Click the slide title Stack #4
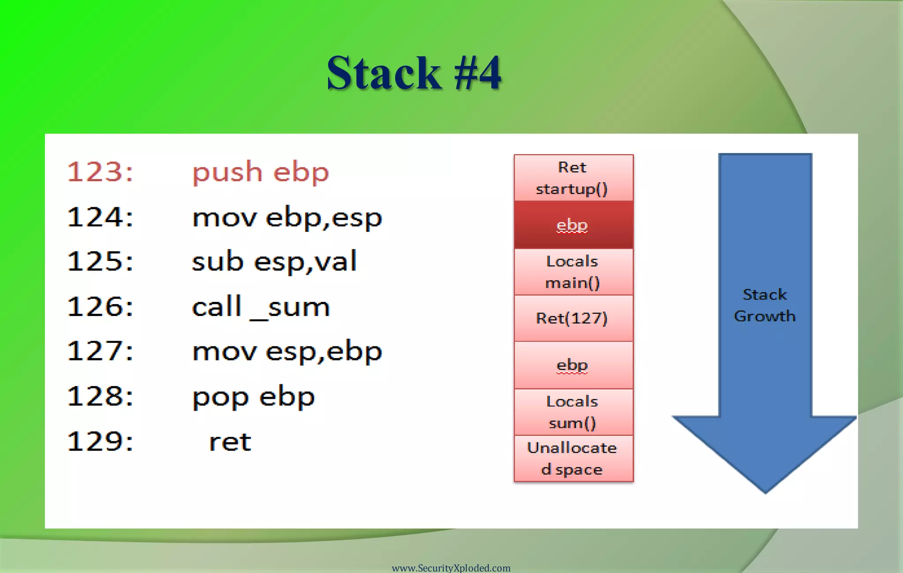pyautogui.click(x=414, y=73)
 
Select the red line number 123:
pyautogui.click(x=100, y=171)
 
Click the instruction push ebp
pyautogui.click(x=261, y=172)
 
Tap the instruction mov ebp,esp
pyautogui.click(x=287, y=217)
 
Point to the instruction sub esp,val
pyautogui.click(x=274, y=261)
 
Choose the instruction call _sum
pyautogui.click(x=261, y=307)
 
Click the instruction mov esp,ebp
pyautogui.click(x=287, y=351)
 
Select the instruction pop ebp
pyautogui.click(x=254, y=397)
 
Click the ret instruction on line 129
pyautogui.click(x=230, y=442)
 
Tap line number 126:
pyautogui.click(x=100, y=307)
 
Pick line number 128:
pyautogui.click(x=100, y=396)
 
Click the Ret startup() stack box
pyautogui.click(x=573, y=178)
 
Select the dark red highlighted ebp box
pyautogui.click(x=573, y=225)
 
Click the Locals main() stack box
pyautogui.click(x=573, y=272)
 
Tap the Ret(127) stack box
pyautogui.click(x=573, y=318)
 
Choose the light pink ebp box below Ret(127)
pyautogui.click(x=573, y=365)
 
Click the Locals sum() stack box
pyautogui.click(x=573, y=412)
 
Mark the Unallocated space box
pyautogui.click(x=573, y=458)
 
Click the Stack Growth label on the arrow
pyautogui.click(x=765, y=305)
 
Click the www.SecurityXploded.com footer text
pyautogui.click(x=451, y=568)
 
